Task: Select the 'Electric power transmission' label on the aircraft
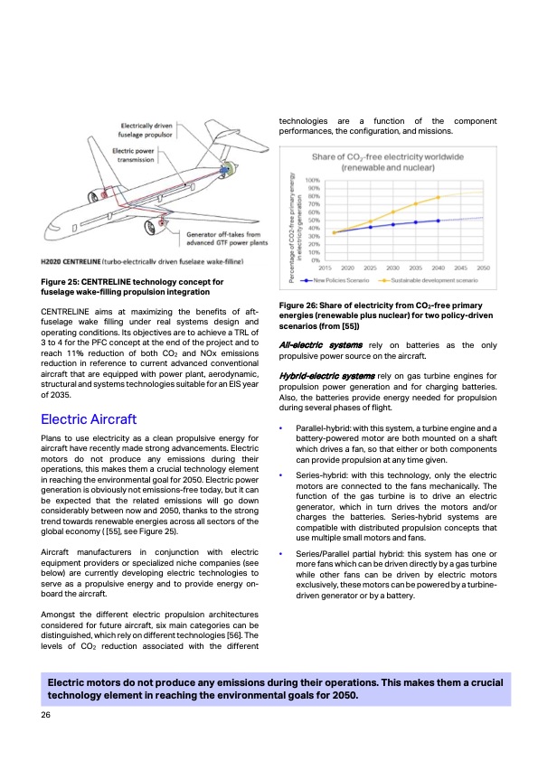[137, 156]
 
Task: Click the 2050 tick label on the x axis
[484, 268]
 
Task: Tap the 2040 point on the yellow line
[439, 197]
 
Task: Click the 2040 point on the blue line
[439, 221]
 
